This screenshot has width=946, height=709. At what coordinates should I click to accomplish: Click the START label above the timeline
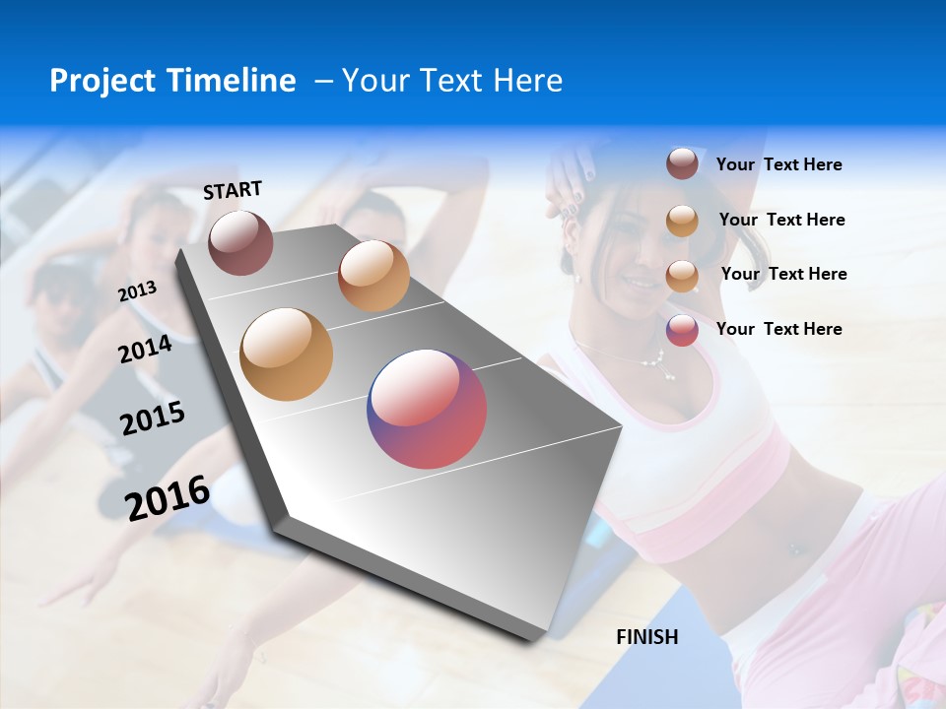[233, 189]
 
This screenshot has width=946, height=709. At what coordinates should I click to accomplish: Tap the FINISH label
[647, 637]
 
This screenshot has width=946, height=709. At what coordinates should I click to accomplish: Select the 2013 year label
[137, 291]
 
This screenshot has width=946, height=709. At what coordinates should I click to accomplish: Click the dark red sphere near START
[240, 242]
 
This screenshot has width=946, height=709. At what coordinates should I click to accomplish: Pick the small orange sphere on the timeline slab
[373, 276]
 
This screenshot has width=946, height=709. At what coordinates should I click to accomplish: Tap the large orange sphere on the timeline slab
[287, 354]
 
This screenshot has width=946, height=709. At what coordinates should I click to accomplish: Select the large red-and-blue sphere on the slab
[428, 409]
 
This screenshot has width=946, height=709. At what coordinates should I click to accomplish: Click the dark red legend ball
[682, 164]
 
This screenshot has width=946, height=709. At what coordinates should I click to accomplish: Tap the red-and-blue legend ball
[682, 330]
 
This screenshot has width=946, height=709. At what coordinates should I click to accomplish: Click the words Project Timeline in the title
[172, 81]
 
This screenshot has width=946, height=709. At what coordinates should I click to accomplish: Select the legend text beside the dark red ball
[778, 165]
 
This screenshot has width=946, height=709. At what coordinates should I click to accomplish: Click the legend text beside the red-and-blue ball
[778, 329]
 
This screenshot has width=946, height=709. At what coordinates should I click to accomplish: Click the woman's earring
[577, 277]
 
